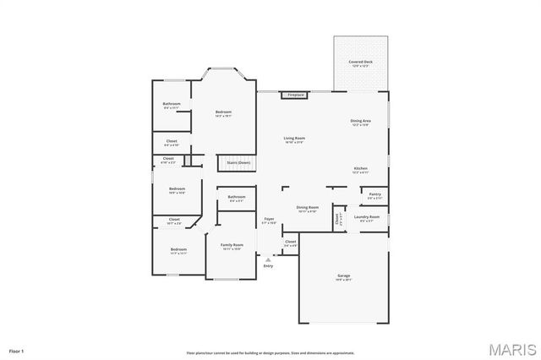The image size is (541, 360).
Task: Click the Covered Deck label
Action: [362, 63]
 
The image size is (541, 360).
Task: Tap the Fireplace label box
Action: [295, 95]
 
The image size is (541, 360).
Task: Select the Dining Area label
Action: [360, 122]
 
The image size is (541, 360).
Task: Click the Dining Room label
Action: [308, 208]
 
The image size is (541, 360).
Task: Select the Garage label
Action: [344, 276]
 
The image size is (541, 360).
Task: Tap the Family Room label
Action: [232, 246]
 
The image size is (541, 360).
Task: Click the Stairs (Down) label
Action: [238, 162]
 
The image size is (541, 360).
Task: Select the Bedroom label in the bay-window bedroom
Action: [223, 113]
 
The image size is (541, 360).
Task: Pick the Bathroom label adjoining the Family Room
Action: [236, 199]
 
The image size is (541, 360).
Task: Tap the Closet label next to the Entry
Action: [290, 243]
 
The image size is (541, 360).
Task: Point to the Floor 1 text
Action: [17, 350]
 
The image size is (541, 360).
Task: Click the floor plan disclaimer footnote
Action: [270, 352]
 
